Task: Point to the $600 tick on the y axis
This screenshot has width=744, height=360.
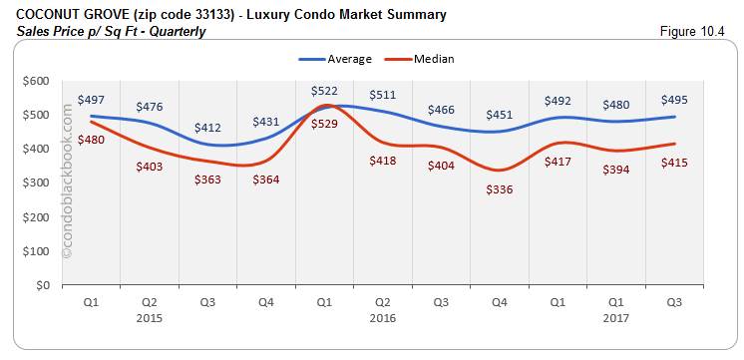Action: point(35,81)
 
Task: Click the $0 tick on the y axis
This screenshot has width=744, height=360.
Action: point(41,285)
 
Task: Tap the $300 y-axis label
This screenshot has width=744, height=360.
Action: point(35,183)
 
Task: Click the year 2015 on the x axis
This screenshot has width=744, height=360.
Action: point(150,318)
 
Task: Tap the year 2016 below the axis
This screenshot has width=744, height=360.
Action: point(382,318)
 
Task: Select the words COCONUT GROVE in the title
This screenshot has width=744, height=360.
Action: point(66,15)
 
